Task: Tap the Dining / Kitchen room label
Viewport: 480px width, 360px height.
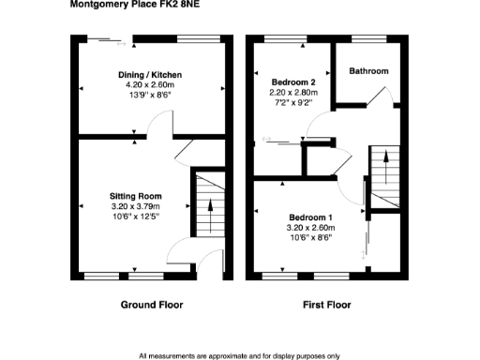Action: click(x=149, y=75)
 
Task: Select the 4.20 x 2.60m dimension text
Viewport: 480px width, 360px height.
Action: click(x=149, y=85)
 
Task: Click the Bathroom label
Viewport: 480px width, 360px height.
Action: click(x=368, y=71)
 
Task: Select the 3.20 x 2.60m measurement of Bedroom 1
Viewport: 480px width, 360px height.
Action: click(x=308, y=227)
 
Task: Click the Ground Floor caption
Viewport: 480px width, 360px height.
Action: click(x=152, y=305)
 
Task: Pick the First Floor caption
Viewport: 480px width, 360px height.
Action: click(x=327, y=305)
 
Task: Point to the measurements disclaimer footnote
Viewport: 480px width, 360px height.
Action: click(x=239, y=355)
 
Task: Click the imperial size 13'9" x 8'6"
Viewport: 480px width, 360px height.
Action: click(x=149, y=96)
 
